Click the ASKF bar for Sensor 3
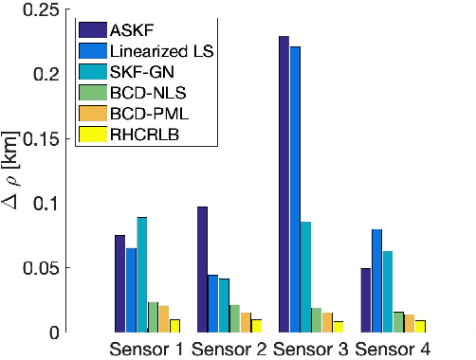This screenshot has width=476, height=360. (283, 185)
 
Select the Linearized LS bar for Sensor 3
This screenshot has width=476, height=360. (294, 189)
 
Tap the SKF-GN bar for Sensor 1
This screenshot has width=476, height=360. (141, 275)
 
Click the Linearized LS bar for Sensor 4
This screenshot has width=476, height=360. (376, 280)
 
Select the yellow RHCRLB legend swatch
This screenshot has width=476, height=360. (93, 135)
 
